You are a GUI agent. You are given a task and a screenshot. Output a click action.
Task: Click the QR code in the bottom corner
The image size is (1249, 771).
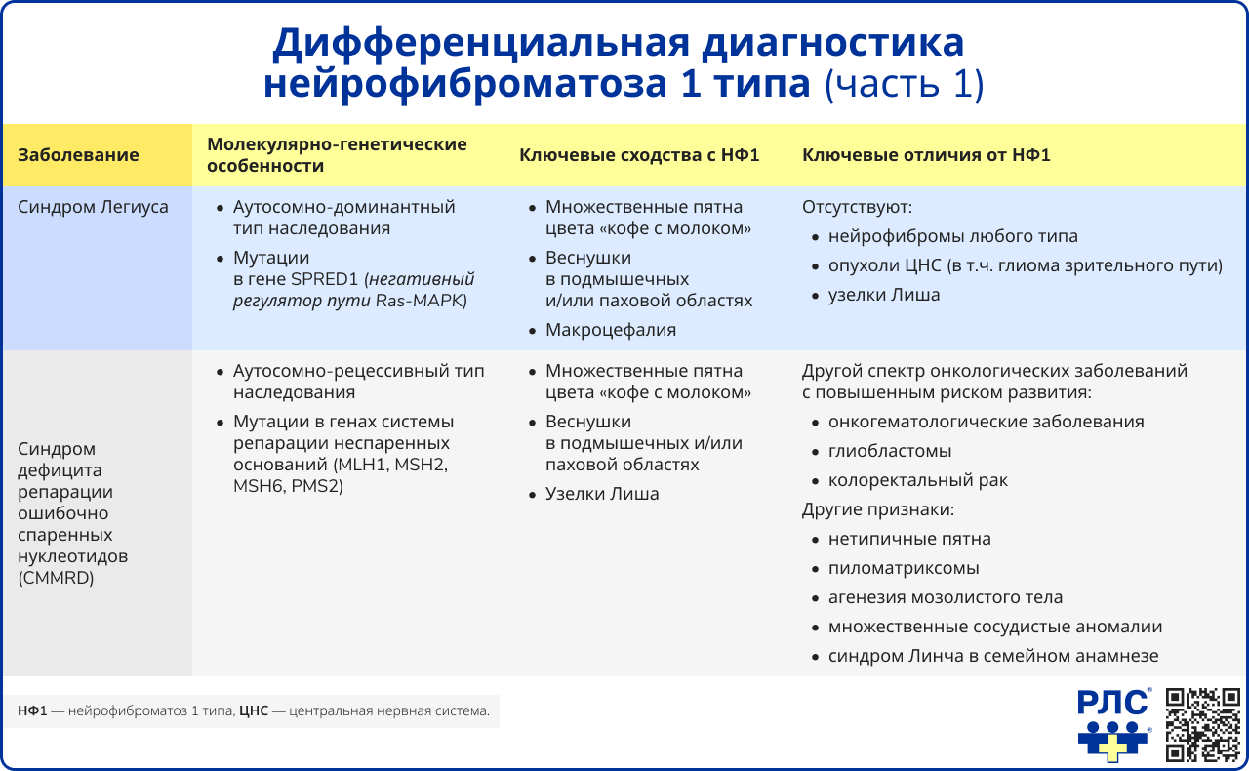click(x=1204, y=724)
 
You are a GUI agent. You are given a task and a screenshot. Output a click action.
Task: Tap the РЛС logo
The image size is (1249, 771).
click(x=1114, y=725)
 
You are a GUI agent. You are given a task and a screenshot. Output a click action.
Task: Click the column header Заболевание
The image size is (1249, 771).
click(x=78, y=155)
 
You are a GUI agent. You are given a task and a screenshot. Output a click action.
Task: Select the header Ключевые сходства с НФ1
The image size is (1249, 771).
click(x=639, y=155)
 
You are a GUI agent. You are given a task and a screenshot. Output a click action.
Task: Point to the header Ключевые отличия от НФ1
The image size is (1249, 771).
click(x=926, y=155)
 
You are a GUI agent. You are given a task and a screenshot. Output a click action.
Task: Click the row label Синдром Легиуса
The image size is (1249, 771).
click(x=93, y=207)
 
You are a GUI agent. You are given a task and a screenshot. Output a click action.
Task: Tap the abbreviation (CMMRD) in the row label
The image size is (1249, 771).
click(x=57, y=578)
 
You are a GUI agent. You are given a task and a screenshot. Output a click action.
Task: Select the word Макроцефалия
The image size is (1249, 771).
click(x=611, y=330)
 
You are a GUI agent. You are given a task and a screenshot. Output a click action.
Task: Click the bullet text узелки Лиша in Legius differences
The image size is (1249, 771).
click(x=884, y=295)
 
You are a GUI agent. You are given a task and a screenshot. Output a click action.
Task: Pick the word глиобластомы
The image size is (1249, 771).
click(x=890, y=451)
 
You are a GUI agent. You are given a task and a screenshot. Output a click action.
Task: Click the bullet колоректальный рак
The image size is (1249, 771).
click(x=918, y=480)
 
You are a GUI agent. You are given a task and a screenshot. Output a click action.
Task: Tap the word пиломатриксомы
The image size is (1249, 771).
click(x=904, y=568)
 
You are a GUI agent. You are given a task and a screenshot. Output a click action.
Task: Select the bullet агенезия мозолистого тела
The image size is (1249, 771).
click(x=946, y=597)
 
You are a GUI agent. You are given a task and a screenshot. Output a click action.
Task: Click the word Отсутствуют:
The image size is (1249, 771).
click(x=857, y=207)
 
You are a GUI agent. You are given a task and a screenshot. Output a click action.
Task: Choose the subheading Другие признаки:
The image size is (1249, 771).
click(x=877, y=509)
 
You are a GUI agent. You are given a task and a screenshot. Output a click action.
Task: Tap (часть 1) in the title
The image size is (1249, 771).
click(x=904, y=85)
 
